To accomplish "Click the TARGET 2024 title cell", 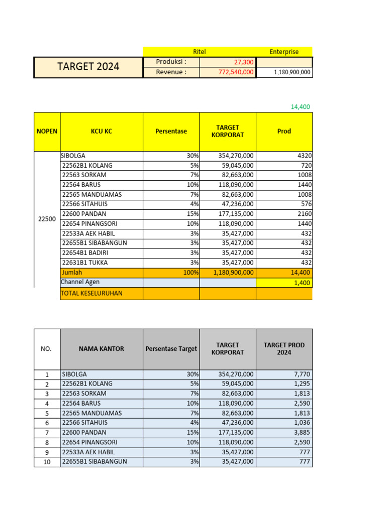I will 88,67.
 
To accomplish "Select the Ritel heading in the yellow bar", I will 200,52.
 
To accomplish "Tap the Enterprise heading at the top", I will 284,52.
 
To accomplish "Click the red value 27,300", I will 243,62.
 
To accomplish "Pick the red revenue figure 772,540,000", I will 232,72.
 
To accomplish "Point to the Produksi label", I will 171,62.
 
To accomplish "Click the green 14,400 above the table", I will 301,106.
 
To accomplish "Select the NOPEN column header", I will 47,132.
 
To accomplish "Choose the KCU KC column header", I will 102,132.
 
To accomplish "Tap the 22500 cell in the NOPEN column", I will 47,219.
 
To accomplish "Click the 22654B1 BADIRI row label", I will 84,253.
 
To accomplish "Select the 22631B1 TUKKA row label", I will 84,263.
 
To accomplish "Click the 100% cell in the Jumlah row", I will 191,273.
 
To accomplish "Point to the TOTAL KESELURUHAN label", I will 91,293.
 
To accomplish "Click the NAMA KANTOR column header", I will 102,349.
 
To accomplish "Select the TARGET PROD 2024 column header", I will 284,349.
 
